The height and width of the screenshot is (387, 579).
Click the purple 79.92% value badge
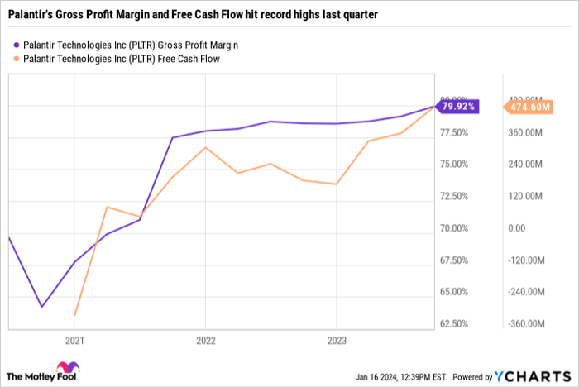[x=457, y=107]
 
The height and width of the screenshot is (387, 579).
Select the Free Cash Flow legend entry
[x=115, y=59]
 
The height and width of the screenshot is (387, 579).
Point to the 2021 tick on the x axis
[x=74, y=340]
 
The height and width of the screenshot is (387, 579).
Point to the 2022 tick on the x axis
[x=206, y=340]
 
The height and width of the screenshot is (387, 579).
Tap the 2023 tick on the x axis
[x=337, y=340]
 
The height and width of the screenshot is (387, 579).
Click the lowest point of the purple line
[x=41, y=307]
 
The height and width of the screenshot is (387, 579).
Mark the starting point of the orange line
[x=75, y=315]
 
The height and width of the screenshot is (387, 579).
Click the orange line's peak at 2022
[x=206, y=148]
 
